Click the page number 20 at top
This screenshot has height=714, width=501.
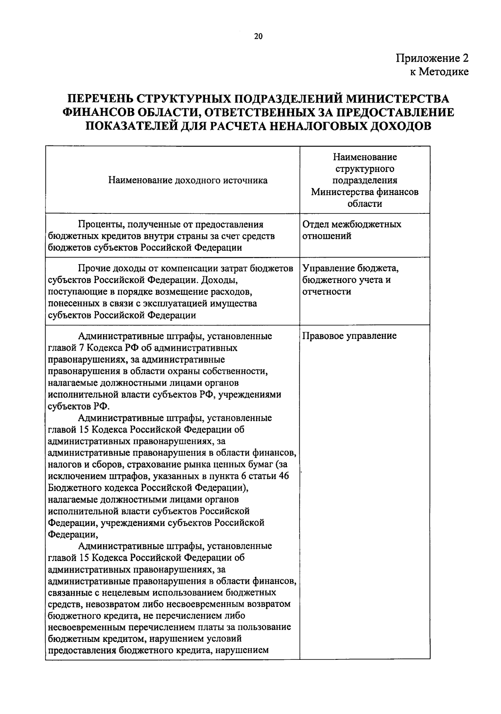[258, 37]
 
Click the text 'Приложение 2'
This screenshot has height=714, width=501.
[432, 58]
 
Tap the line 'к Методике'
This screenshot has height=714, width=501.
[439, 72]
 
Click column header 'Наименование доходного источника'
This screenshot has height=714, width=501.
[188, 180]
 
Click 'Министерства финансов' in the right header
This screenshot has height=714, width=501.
[364, 192]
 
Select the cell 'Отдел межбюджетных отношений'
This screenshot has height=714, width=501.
[352, 230]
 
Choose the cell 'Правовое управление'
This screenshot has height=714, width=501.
[349, 336]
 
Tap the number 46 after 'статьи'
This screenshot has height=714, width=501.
[283, 476]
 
